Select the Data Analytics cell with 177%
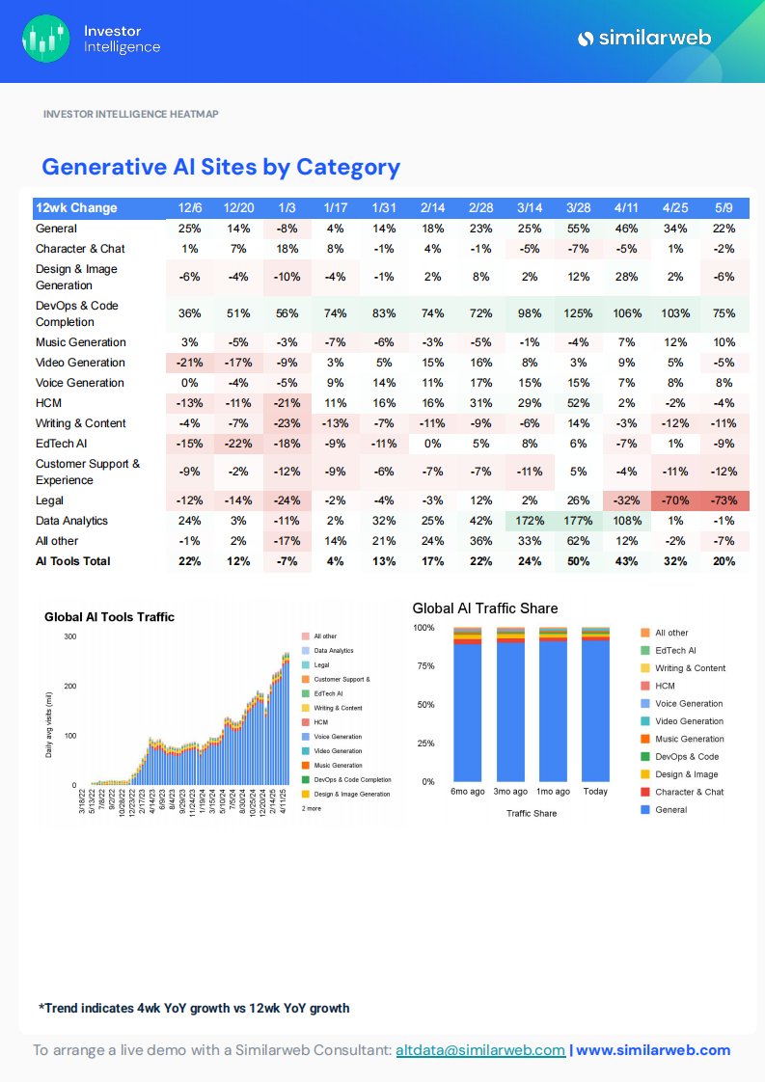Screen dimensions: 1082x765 579,521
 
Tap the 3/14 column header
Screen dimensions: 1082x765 530,208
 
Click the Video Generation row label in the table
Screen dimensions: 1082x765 80,363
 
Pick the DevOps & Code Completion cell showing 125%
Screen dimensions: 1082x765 579,313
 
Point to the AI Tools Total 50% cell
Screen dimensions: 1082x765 579,561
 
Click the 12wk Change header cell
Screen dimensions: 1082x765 76,208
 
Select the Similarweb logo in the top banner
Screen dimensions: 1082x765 643,39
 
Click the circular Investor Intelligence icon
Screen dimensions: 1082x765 46,39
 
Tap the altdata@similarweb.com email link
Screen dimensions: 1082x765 480,1050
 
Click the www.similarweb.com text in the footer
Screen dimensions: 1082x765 653,1050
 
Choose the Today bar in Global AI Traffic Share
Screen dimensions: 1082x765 595,704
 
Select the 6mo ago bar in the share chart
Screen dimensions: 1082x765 467,704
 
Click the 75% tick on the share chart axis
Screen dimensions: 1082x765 424,666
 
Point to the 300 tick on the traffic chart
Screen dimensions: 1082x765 69,636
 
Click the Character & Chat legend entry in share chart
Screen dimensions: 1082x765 689,792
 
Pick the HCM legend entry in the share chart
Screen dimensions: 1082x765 665,686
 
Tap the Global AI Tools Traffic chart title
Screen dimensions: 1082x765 109,617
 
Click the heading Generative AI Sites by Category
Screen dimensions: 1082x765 220,167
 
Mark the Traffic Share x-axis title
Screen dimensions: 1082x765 532,813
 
